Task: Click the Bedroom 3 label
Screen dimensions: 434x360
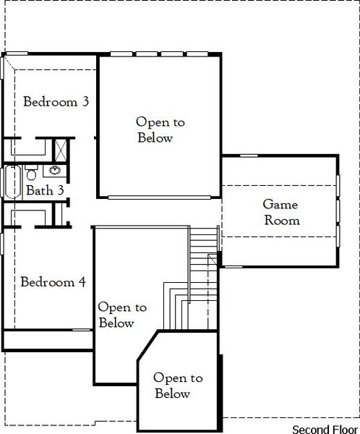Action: [x=56, y=102]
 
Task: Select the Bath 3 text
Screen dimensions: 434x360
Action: [x=45, y=191]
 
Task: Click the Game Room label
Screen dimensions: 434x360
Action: [x=280, y=213]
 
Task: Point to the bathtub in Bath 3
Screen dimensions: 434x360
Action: [x=12, y=182]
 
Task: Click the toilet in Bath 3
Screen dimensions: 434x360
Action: [x=32, y=174]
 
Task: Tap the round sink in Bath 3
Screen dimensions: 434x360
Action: [x=54, y=172]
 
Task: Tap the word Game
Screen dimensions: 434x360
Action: [x=280, y=205]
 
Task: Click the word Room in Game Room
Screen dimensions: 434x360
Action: [x=280, y=221]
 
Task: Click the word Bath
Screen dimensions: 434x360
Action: [x=39, y=191]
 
